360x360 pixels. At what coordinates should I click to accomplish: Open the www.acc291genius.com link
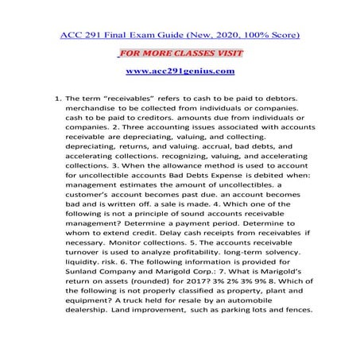click(180, 72)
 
